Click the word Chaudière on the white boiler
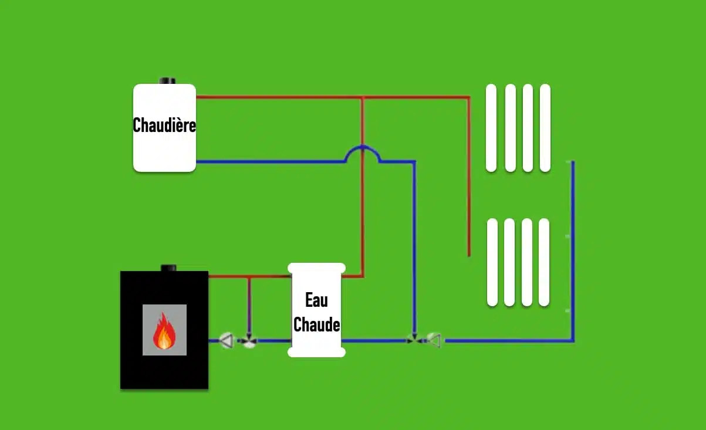tap(164, 125)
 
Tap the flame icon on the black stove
tap(164, 332)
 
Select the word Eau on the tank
tap(317, 300)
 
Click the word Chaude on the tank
tap(317, 324)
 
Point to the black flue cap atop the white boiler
tap(168, 80)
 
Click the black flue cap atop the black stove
tap(168, 268)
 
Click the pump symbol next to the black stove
tap(227, 340)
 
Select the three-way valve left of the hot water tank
tap(249, 340)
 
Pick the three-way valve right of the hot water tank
tap(414, 340)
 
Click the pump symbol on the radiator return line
tap(434, 340)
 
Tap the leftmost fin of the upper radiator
tap(491, 128)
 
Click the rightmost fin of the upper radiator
tap(545, 128)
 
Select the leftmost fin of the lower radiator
tap(492, 262)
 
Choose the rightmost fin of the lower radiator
tap(544, 262)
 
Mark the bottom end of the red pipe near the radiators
tap(469, 255)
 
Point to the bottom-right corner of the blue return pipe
tap(573, 340)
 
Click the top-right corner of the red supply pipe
tap(468, 97)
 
